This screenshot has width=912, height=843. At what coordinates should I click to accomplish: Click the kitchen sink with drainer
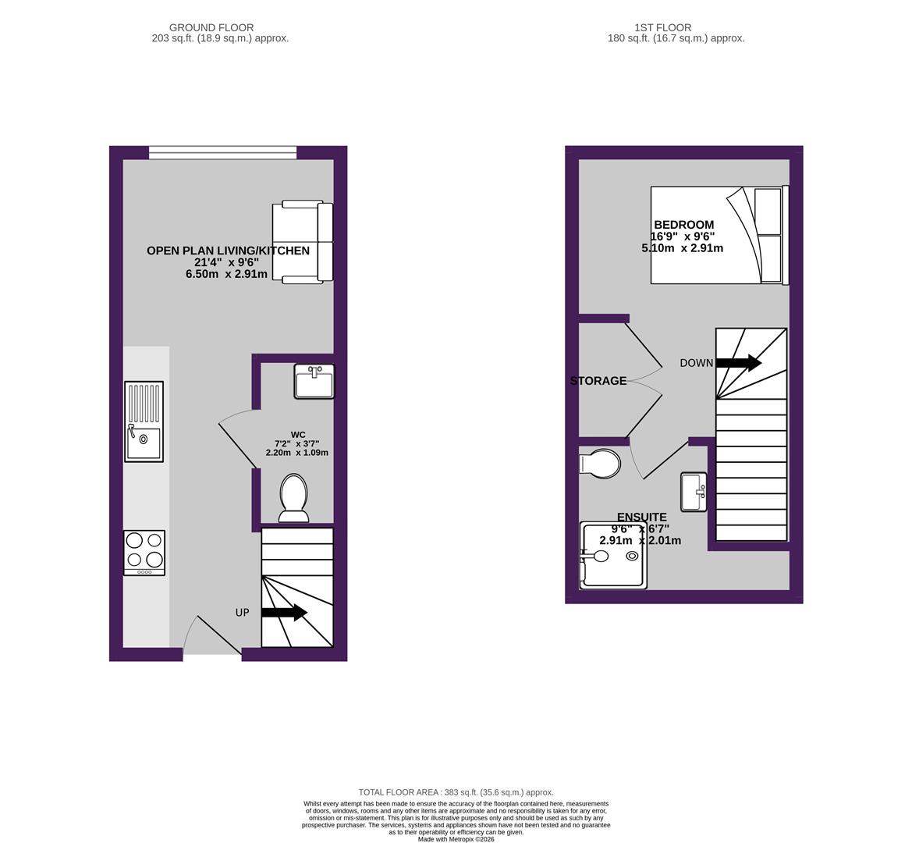(144, 421)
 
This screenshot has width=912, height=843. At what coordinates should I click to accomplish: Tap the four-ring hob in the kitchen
(144, 552)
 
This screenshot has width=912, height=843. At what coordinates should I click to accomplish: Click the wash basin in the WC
(314, 381)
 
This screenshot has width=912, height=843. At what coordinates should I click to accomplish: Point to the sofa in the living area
(303, 242)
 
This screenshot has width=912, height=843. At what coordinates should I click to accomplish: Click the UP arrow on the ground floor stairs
(285, 612)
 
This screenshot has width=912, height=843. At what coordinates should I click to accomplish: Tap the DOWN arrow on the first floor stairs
(738, 362)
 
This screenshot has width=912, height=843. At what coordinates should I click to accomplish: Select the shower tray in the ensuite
(614, 554)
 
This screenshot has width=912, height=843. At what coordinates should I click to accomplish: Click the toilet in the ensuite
(600, 464)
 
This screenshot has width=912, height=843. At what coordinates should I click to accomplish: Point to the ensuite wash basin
(694, 492)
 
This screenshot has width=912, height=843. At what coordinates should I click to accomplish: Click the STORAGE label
(598, 380)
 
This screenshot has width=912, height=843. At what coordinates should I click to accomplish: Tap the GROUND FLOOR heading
(211, 27)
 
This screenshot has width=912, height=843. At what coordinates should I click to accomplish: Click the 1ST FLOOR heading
(662, 27)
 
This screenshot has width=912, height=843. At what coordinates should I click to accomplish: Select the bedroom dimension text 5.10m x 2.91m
(683, 248)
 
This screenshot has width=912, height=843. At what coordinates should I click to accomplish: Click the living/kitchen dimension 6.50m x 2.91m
(227, 274)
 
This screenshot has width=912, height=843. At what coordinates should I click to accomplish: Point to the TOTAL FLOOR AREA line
(456, 791)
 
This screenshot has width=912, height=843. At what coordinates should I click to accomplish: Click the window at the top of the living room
(223, 152)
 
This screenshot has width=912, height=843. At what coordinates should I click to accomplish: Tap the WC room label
(298, 435)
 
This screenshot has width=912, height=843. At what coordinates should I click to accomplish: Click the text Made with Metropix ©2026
(456, 839)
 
